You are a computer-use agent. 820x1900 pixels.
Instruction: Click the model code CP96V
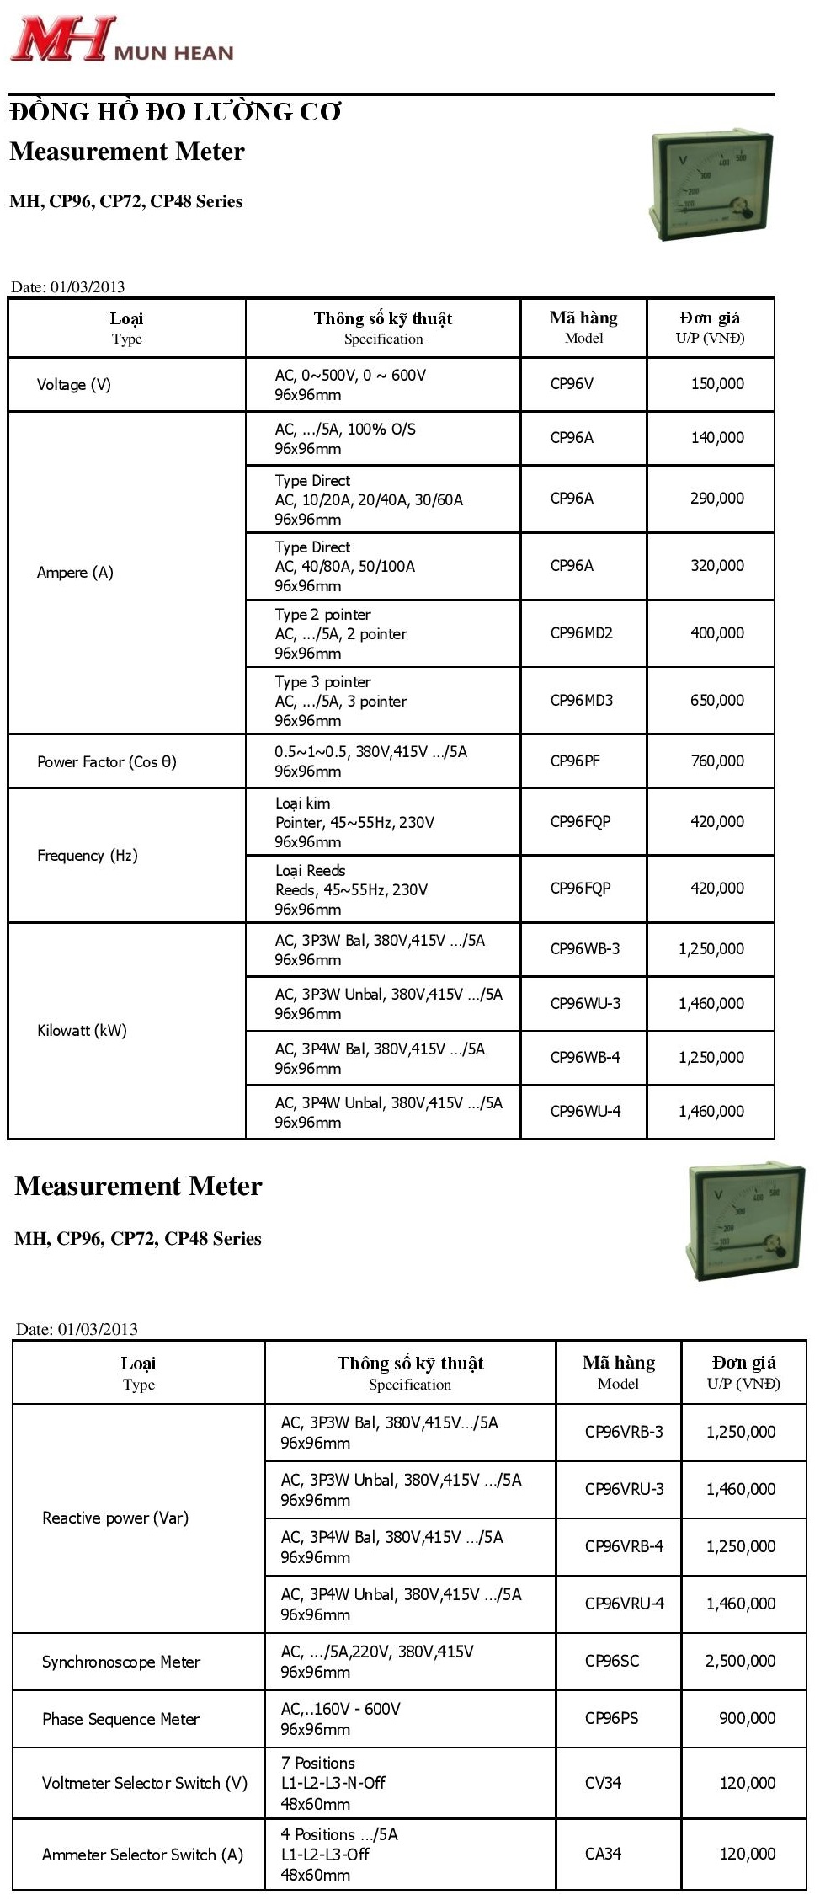pyautogui.click(x=572, y=384)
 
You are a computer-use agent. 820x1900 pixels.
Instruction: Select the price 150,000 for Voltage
pyautogui.click(x=717, y=384)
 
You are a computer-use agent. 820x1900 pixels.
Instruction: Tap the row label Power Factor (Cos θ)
pyautogui.click(x=107, y=761)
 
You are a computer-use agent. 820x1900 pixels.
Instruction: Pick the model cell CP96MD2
pyautogui.click(x=582, y=633)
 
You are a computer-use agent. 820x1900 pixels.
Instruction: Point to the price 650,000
pyautogui.click(x=717, y=701)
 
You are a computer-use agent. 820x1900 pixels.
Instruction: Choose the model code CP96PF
pyautogui.click(x=575, y=761)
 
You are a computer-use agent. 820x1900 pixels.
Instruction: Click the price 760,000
pyautogui.click(x=717, y=761)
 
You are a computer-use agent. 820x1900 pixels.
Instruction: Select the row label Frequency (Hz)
pyautogui.click(x=88, y=856)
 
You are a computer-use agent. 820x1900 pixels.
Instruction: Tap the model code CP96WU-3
pyautogui.click(x=585, y=1004)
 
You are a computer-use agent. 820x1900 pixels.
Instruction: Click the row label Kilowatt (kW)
pyautogui.click(x=82, y=1031)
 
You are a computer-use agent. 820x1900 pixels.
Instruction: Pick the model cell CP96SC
pyautogui.click(x=612, y=1662)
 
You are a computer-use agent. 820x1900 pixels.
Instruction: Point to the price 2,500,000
pyautogui.click(x=741, y=1662)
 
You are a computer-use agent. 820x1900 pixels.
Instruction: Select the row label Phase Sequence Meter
pyautogui.click(x=121, y=1719)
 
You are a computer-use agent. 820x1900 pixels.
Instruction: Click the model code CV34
pyautogui.click(x=603, y=1783)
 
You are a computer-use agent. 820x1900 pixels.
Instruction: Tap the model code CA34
pyautogui.click(x=603, y=1854)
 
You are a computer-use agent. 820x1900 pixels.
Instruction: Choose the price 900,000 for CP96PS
pyautogui.click(x=748, y=1719)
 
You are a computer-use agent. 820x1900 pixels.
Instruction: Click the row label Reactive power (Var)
pyautogui.click(x=115, y=1518)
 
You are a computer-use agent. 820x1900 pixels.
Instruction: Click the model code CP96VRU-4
pyautogui.click(x=625, y=1604)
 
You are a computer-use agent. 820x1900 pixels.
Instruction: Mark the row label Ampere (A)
pyautogui.click(x=75, y=573)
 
